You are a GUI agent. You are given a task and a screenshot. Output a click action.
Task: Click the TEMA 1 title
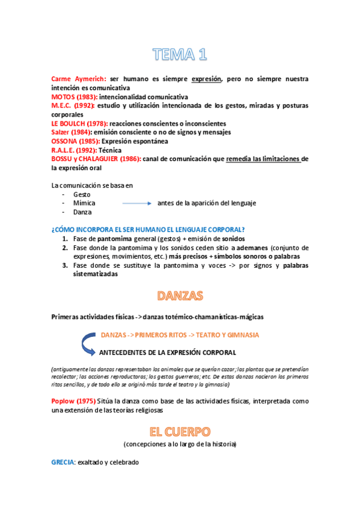[180, 56]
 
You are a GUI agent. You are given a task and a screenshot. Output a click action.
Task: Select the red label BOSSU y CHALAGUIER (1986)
[96, 159]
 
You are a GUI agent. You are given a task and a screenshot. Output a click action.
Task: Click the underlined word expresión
[207, 79]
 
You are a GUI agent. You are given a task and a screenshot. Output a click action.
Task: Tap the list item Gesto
[82, 194]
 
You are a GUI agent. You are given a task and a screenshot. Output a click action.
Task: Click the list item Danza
[82, 212]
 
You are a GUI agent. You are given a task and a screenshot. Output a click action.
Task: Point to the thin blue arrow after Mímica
[136, 203]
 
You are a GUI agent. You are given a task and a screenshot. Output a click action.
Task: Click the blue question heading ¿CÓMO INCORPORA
[148, 230]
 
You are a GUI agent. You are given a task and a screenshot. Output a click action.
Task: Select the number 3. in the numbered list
[65, 265]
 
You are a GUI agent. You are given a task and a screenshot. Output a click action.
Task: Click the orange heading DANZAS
[180, 296]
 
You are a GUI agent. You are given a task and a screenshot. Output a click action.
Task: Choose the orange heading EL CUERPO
[180, 431]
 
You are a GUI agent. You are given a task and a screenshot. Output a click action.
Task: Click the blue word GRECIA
[63, 462]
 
